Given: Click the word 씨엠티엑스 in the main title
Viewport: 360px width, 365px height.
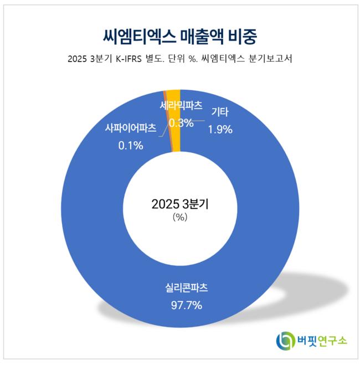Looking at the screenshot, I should [132, 37].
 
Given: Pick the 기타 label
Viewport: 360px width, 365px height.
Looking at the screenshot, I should [220, 114].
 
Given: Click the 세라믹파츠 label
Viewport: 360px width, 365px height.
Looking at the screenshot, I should [181, 106].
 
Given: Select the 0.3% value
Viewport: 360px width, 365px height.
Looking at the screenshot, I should [181, 122].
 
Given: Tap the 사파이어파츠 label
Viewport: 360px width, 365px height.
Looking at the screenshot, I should [131, 127].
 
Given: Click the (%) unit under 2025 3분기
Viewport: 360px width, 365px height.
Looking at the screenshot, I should [180, 218].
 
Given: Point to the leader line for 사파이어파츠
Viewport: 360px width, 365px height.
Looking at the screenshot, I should [162, 131].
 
